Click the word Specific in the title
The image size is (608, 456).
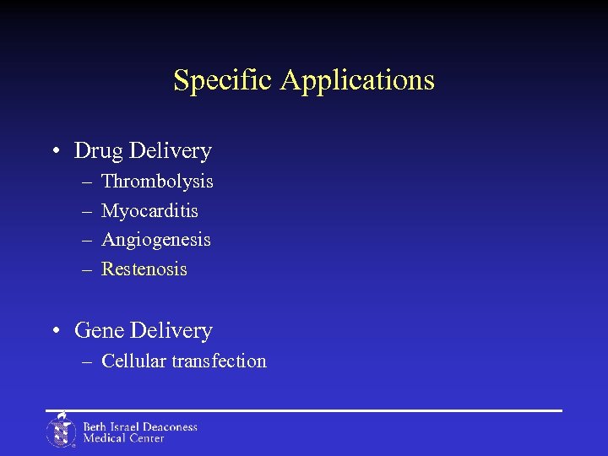224,80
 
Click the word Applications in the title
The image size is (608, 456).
357,80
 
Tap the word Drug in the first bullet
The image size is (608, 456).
100,151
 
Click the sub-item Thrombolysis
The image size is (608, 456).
157,182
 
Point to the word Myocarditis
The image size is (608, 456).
149,210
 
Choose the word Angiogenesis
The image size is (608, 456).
156,240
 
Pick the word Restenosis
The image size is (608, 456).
144,269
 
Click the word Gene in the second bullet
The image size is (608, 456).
100,330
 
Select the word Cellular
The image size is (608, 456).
133,361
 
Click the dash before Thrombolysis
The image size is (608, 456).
88,182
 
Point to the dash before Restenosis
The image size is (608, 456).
88,270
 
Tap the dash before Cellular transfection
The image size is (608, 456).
88,362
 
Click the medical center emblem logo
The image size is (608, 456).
61,431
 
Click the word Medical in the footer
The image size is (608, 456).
104,438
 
